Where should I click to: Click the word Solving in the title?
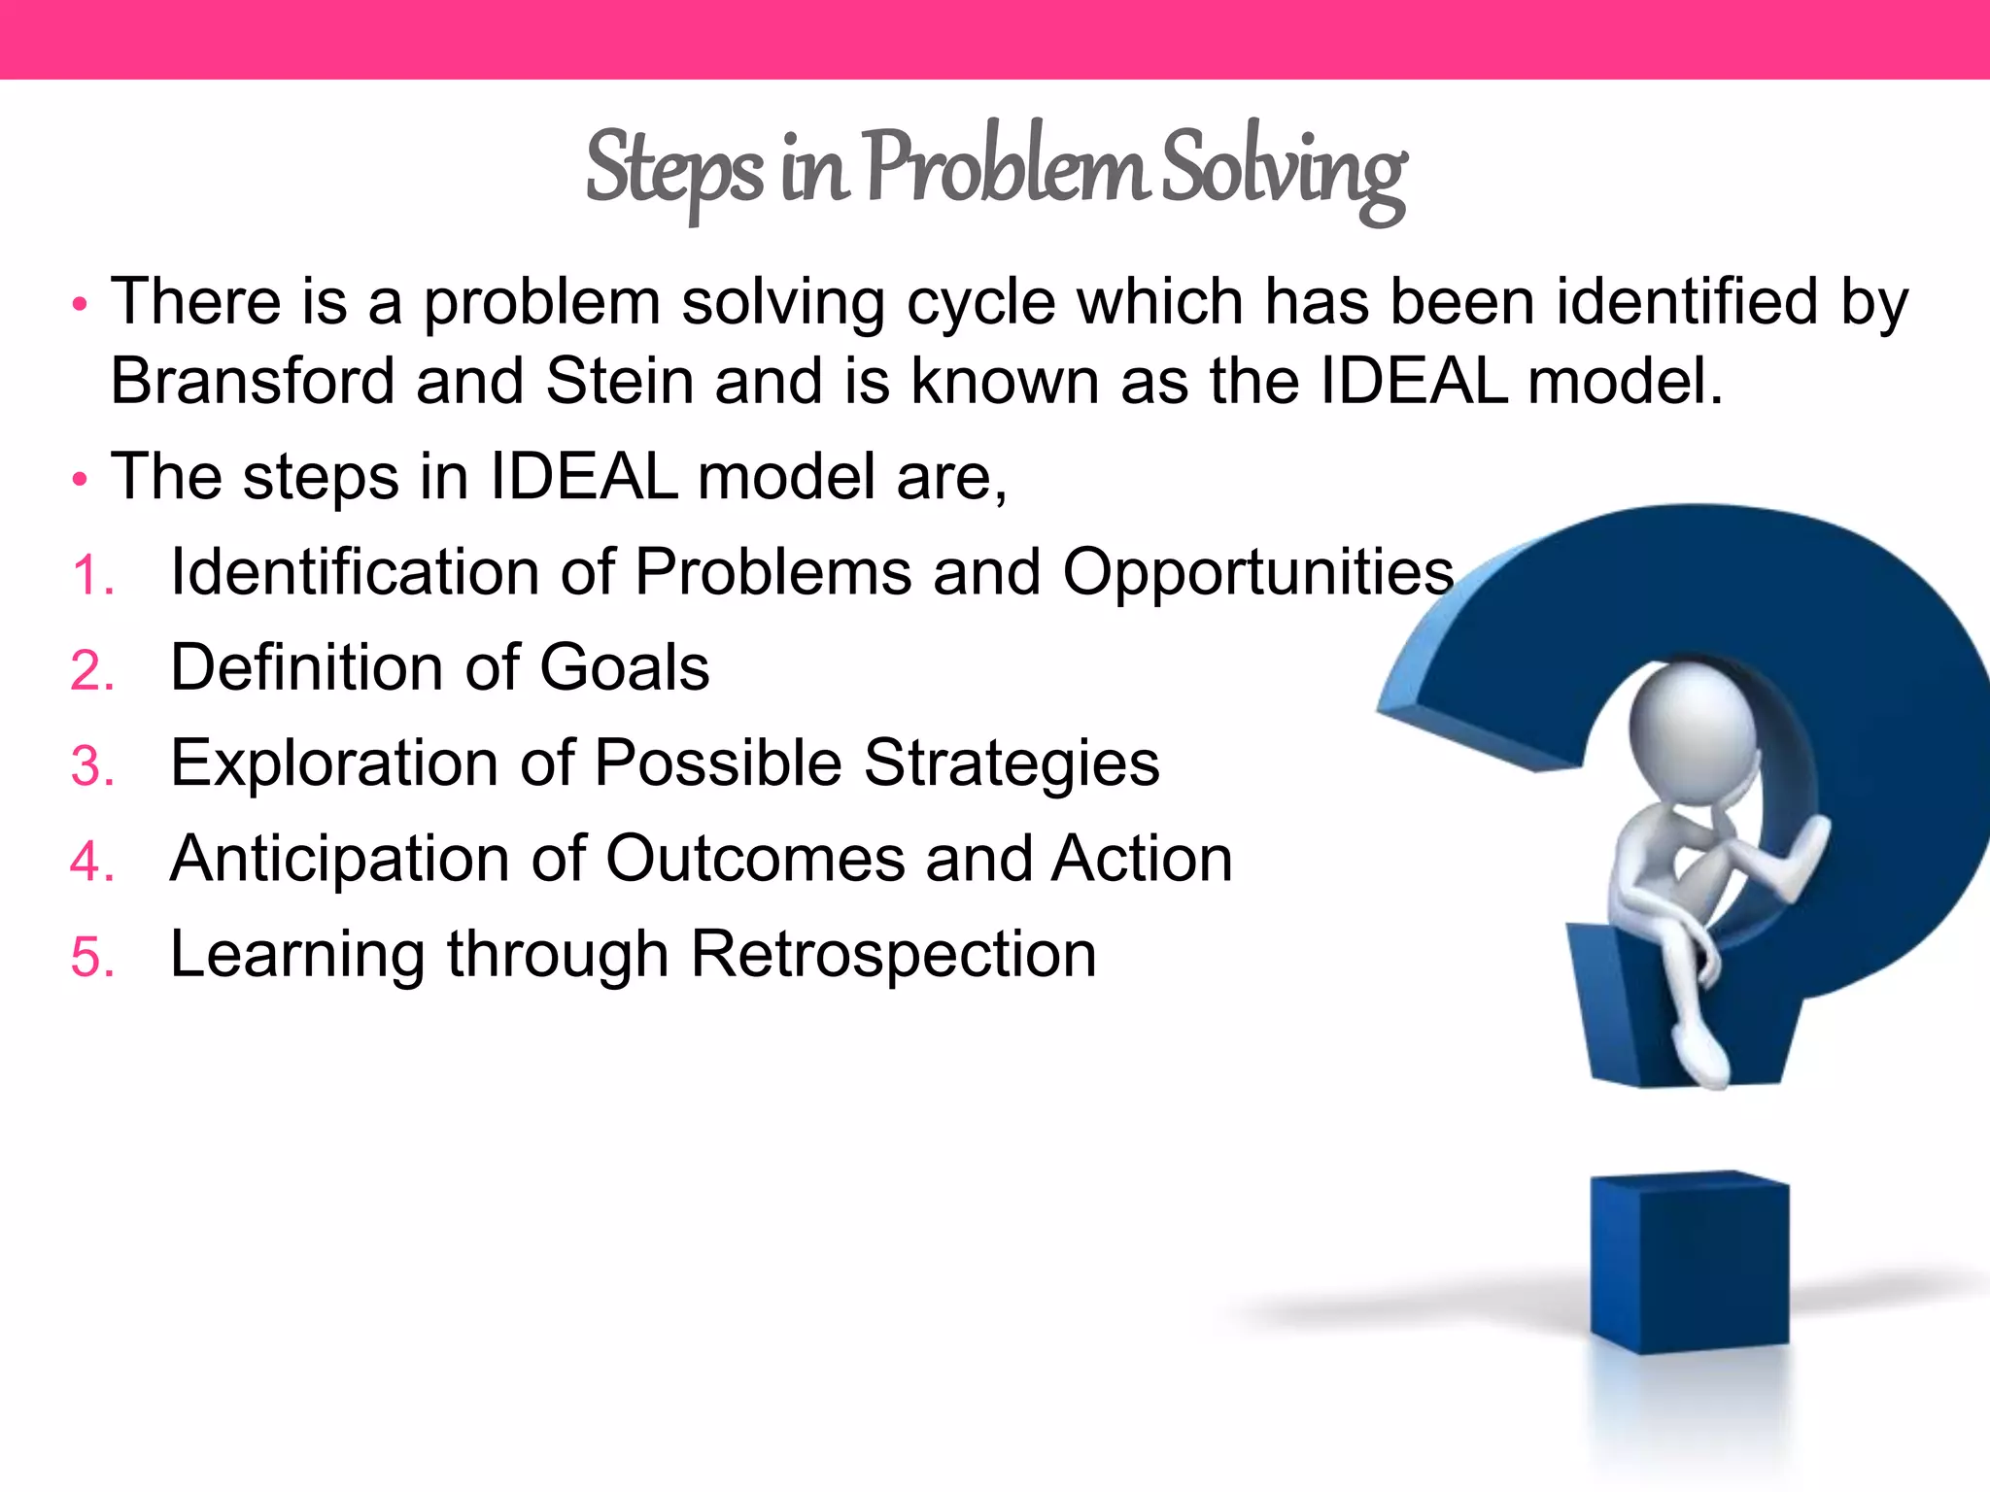pyautogui.click(x=1283, y=170)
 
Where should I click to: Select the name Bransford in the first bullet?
pyautogui.click(x=252, y=381)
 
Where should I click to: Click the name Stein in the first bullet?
pyautogui.click(x=619, y=381)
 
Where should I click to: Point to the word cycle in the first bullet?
pyautogui.click(x=980, y=303)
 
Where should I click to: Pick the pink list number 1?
pyautogui.click(x=91, y=575)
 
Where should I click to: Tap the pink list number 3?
pyautogui.click(x=91, y=766)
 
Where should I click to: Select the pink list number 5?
pyautogui.click(x=91, y=958)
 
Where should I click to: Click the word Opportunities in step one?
pyautogui.click(x=1257, y=573)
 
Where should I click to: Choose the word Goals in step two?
pyautogui.click(x=624, y=668)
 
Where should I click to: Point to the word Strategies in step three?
pyautogui.click(x=1011, y=763)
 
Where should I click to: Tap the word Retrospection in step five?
pyautogui.click(x=893, y=955)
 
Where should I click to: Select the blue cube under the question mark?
pyautogui.click(x=1689, y=1263)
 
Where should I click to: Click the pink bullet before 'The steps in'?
pyautogui.click(x=80, y=480)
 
